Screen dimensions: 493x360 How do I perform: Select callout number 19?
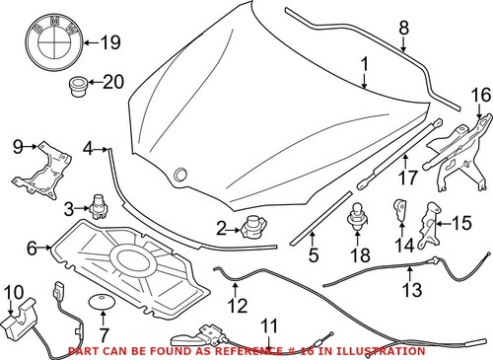point(108,42)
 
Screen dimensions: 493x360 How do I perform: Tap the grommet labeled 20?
point(76,90)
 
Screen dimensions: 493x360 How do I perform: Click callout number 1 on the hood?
point(364,67)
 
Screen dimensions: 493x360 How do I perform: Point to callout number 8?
point(402,30)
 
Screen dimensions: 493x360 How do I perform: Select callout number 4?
point(89,148)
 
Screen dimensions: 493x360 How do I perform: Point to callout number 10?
point(14,291)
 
